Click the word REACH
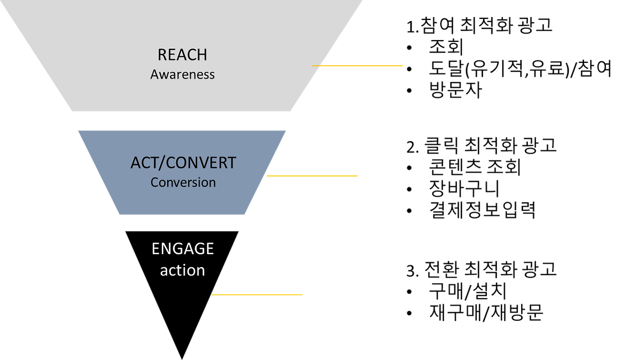(182, 55)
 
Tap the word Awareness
(182, 75)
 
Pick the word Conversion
(183, 182)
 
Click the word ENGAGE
(183, 249)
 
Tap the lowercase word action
(183, 270)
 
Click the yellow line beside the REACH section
(358, 65)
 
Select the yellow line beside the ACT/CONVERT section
(312, 176)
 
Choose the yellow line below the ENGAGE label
(257, 295)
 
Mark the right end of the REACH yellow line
(403, 65)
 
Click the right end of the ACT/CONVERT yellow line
(358, 176)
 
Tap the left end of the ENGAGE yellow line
(212, 295)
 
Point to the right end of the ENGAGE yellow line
(302, 295)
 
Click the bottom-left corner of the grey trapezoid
(72, 112)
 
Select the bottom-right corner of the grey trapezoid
(291, 112)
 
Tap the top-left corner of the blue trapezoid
(78, 130)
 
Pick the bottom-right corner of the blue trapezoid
(245, 215)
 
